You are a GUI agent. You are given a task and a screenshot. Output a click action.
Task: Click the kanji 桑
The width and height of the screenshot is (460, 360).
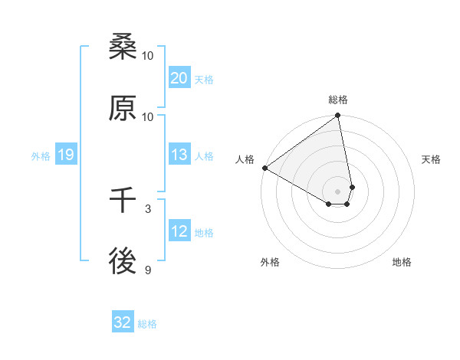123,48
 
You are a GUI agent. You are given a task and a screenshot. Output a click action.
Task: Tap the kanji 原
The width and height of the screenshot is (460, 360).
123,109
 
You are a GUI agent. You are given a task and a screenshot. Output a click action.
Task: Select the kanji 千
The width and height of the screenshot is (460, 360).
123,201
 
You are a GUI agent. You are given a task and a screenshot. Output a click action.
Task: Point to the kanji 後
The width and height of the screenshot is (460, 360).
123,262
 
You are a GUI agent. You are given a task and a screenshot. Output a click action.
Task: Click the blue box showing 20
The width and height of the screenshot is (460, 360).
179,78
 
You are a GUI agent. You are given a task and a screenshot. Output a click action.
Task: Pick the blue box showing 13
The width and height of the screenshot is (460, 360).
179,155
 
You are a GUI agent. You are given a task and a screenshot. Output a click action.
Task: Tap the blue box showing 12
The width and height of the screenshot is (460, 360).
179,231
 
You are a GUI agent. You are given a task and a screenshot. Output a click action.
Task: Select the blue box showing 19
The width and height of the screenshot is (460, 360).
65,155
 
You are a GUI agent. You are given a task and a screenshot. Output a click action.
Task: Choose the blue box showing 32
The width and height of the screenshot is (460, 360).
123,322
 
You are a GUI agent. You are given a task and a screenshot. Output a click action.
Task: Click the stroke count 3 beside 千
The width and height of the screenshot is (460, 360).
148,208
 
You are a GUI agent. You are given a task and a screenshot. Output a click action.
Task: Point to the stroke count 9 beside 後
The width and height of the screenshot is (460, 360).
148,269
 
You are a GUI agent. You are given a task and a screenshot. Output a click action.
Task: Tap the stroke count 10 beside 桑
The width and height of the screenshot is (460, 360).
148,55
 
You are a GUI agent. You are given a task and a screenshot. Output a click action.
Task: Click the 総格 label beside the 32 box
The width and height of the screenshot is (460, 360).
147,324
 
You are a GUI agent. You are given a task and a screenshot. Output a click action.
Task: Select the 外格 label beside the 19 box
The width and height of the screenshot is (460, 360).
41,155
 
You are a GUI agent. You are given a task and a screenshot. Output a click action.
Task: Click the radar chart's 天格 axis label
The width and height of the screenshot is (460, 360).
431,159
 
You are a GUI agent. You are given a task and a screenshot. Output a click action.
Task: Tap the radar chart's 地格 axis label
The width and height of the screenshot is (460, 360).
402,262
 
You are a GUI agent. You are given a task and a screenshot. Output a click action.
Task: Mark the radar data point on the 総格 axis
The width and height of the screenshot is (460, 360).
337,116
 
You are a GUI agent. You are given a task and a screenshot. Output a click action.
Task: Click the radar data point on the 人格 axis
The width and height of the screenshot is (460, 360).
264,168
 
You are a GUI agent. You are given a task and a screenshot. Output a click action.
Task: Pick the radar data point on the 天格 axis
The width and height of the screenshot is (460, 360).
352,187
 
